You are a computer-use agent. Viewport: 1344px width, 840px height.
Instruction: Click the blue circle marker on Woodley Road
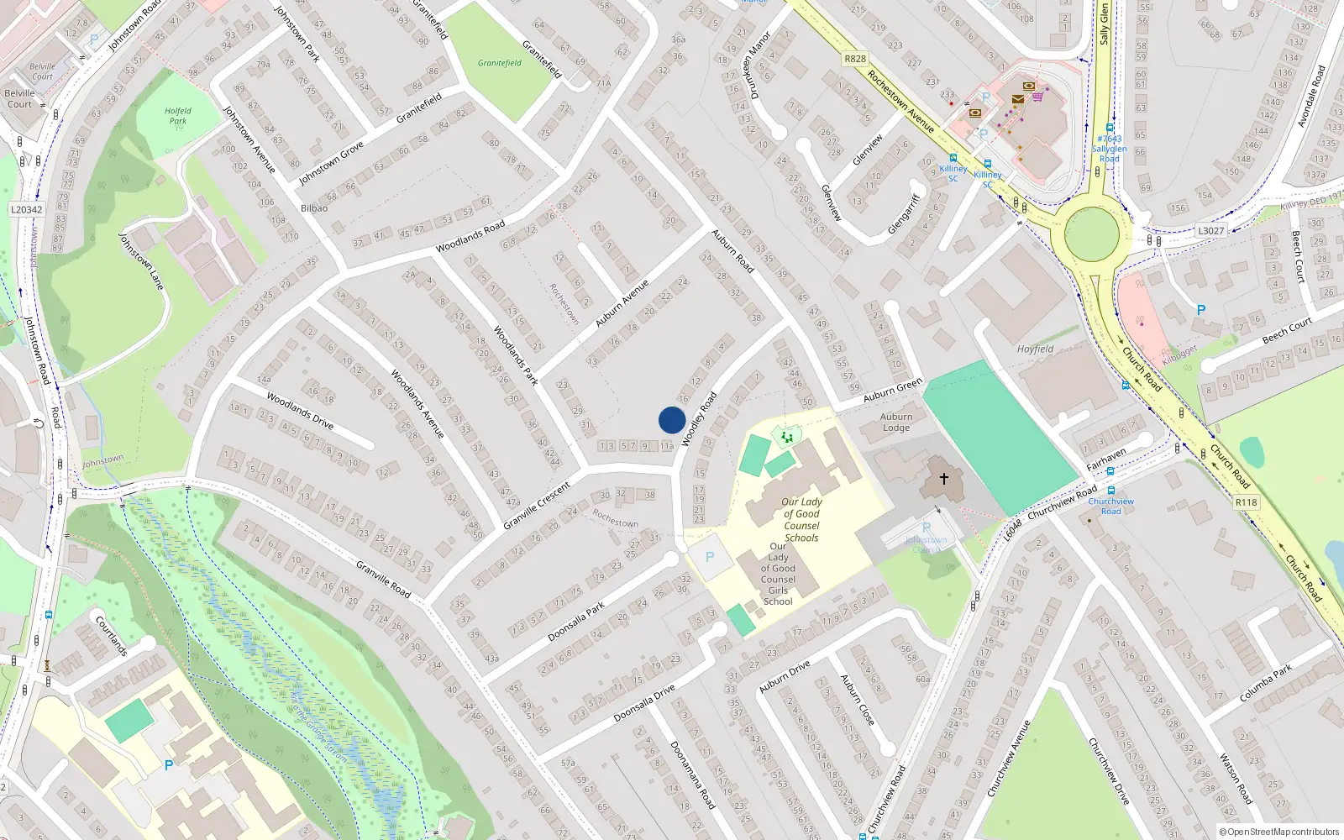tap(672, 420)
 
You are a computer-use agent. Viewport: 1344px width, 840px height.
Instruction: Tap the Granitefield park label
tap(500, 63)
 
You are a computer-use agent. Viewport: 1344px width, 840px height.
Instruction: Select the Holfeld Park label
tap(178, 116)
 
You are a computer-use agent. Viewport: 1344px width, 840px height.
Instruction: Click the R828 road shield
tap(855, 59)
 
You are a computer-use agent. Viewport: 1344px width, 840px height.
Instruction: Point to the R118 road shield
tap(1246, 502)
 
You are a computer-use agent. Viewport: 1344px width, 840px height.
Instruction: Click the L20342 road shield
tap(27, 210)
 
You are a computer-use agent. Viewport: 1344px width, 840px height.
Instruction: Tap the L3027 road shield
tap(1210, 230)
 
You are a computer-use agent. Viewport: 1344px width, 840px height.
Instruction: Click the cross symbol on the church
tap(943, 479)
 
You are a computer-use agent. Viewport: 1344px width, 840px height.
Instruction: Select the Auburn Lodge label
tap(896, 422)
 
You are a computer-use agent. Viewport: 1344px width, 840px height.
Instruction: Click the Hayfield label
tap(1035, 349)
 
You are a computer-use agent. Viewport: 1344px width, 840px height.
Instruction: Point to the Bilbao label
tap(314, 207)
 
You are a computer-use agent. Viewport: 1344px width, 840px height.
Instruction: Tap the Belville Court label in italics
tap(42, 71)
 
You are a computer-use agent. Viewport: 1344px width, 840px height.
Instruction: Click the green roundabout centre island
tap(1091, 234)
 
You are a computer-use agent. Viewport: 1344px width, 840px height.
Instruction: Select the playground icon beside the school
tap(786, 437)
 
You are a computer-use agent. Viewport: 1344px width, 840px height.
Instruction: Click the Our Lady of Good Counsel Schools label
tap(801, 519)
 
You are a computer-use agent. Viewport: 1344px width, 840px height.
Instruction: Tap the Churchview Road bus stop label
tap(1110, 506)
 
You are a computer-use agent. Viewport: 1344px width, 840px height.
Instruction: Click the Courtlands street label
tap(111, 636)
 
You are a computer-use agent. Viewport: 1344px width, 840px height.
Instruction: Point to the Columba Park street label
tap(1266, 684)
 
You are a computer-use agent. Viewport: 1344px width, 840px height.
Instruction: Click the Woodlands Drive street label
tap(300, 410)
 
